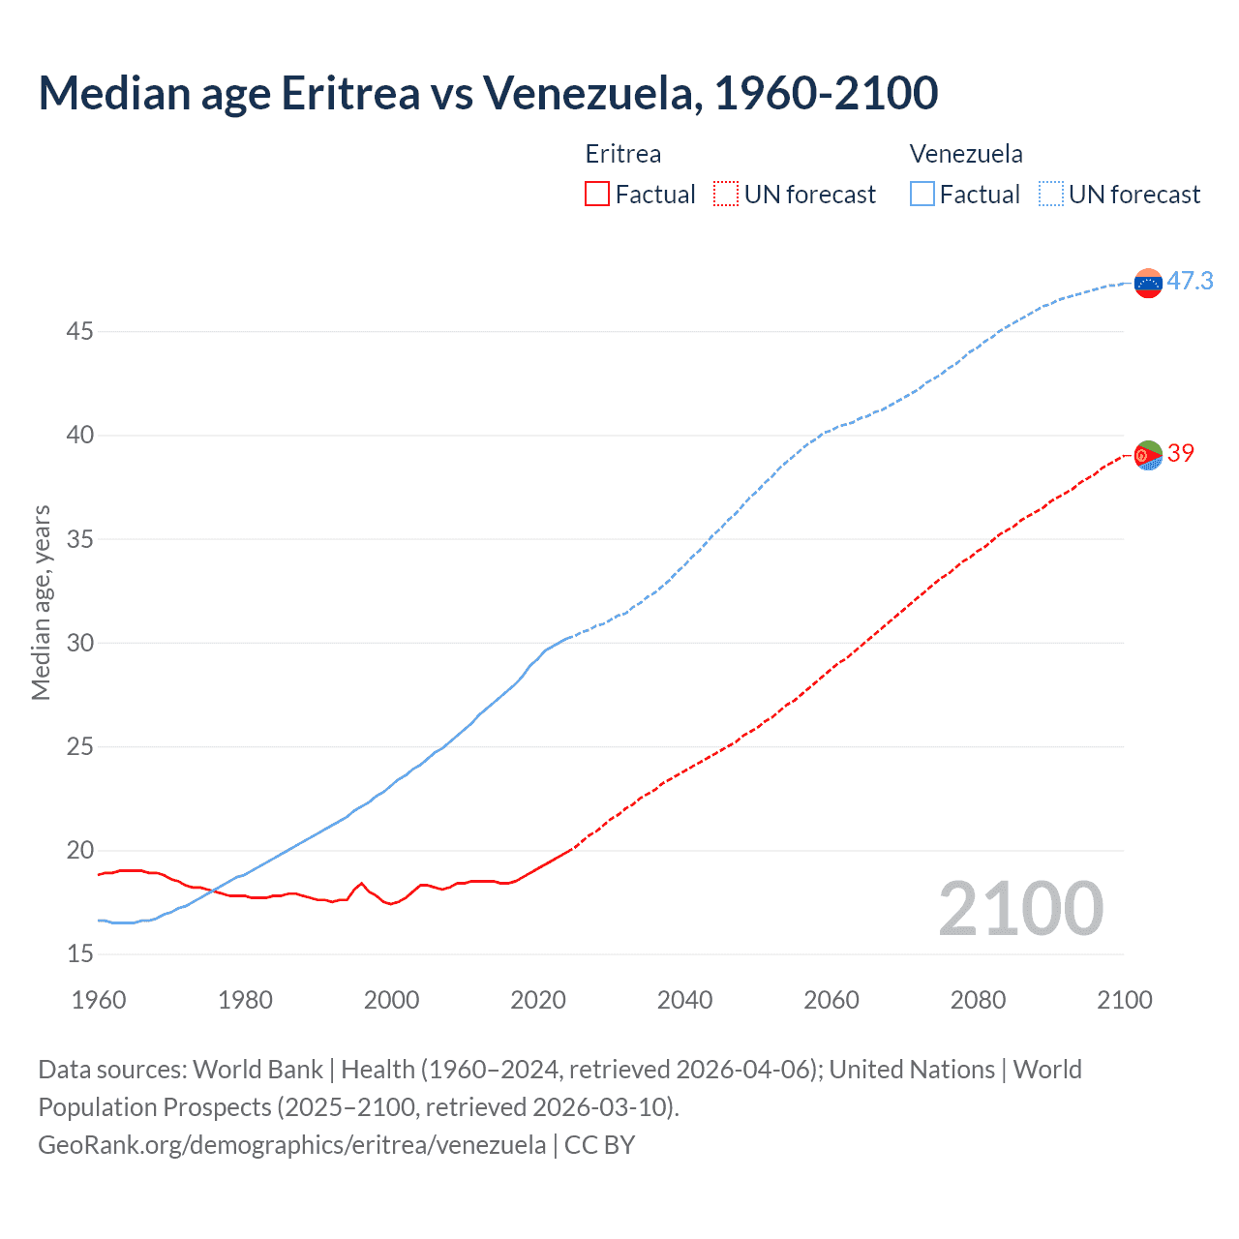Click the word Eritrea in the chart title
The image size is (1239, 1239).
(350, 93)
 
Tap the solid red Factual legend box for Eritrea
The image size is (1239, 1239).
(597, 195)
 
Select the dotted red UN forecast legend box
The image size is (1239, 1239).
(726, 195)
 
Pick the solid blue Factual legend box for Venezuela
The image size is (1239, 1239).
(922, 195)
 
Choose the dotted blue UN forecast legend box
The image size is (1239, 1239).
(1050, 195)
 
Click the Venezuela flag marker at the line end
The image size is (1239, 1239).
(1148, 284)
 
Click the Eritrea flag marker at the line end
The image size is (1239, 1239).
(1148, 455)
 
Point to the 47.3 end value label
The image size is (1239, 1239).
(1190, 282)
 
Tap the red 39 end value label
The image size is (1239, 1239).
(1180, 453)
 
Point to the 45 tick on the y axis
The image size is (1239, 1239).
(79, 332)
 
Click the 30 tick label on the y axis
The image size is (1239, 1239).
(79, 644)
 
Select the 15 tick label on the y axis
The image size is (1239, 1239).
(79, 954)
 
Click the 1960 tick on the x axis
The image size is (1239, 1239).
(99, 1000)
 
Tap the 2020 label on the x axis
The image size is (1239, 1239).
(538, 1000)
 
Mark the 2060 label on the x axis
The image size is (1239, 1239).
(831, 1000)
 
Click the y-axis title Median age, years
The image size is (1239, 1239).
(41, 602)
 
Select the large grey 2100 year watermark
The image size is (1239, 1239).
(1020, 909)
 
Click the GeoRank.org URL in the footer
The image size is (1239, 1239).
(291, 1145)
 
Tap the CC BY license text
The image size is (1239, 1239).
(599, 1145)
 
